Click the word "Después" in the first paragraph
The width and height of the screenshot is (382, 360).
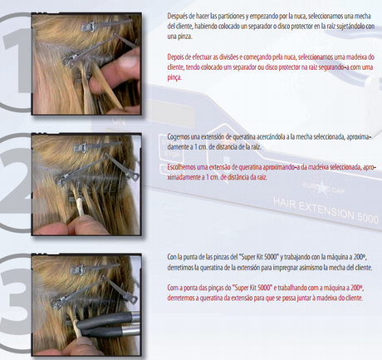(176, 16)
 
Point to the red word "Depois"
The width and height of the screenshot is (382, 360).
(175, 57)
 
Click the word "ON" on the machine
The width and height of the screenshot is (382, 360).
(119, 121)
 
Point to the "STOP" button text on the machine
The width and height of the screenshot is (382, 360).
(171, 153)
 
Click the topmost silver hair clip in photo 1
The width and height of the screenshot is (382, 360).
(106, 23)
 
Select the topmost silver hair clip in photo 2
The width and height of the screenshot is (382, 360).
(97, 145)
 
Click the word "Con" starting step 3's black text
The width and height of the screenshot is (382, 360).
(172, 257)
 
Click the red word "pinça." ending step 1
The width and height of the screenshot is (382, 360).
(174, 78)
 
